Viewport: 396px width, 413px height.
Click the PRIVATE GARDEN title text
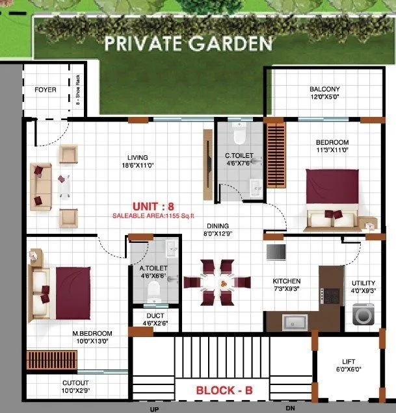click(x=189, y=44)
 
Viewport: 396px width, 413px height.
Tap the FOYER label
click(x=45, y=90)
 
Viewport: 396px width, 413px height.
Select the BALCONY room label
click(x=324, y=90)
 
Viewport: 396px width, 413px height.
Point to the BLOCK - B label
click(x=224, y=392)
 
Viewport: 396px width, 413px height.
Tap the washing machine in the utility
click(x=361, y=314)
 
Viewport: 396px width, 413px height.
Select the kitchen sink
click(x=293, y=320)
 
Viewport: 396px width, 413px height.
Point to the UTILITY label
click(x=363, y=283)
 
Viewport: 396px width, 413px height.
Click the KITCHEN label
click(x=286, y=281)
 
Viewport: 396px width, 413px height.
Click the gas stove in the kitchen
click(x=332, y=296)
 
